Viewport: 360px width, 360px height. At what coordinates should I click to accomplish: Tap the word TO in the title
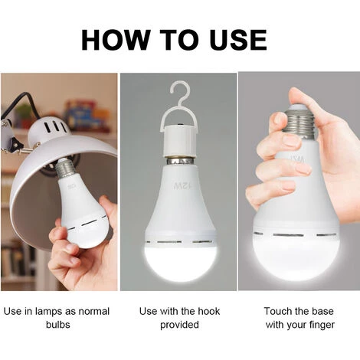[181, 40]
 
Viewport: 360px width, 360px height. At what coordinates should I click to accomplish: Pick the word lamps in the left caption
[48, 312]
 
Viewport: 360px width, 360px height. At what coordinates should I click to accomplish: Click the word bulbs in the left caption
[58, 325]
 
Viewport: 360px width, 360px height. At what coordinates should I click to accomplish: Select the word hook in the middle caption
[208, 311]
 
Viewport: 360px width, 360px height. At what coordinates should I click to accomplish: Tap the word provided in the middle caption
[179, 325]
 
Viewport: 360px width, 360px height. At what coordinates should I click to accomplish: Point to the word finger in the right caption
[321, 325]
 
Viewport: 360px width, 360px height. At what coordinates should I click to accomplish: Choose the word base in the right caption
[322, 311]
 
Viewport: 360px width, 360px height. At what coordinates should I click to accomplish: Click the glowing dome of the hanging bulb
[180, 260]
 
